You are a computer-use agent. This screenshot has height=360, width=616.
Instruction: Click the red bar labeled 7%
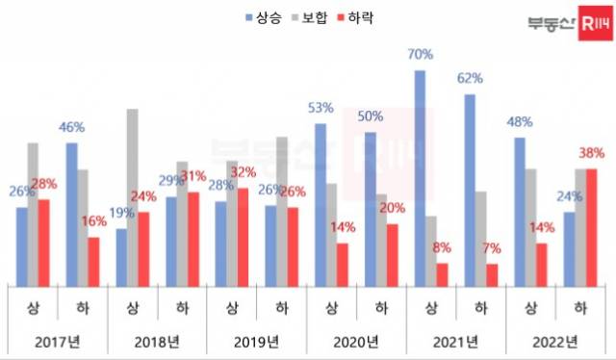[x=493, y=274]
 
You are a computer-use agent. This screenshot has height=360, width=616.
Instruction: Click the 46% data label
[x=71, y=126]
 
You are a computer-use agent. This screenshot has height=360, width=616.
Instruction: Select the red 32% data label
[x=245, y=172]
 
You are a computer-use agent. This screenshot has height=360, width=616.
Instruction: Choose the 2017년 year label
[x=57, y=341]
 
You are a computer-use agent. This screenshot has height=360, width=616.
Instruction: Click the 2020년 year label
[x=356, y=341]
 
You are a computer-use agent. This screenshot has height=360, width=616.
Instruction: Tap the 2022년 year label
[x=556, y=341]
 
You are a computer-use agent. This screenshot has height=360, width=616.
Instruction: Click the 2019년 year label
[x=256, y=341]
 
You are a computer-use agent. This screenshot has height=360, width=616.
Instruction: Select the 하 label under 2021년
[x=481, y=308]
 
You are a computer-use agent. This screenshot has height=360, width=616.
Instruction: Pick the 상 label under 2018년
[x=132, y=308]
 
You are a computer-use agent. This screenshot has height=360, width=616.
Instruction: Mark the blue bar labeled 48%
[x=520, y=211]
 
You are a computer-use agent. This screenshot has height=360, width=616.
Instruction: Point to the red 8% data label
[x=442, y=247]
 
